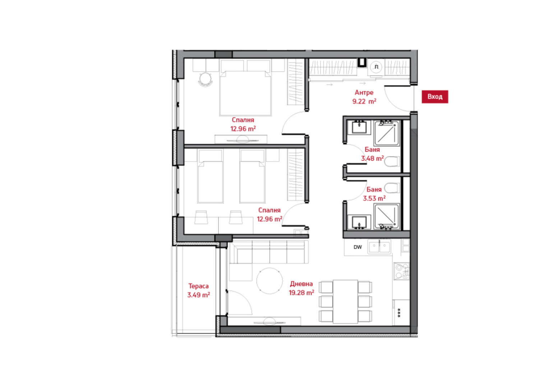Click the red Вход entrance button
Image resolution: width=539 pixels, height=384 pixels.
click(x=435, y=97)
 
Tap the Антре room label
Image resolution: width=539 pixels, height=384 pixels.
click(x=364, y=93)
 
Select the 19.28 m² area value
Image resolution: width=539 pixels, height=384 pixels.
click(x=301, y=293)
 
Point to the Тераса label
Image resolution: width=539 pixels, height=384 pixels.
click(x=198, y=286)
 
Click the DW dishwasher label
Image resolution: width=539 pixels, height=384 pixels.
click(x=358, y=247)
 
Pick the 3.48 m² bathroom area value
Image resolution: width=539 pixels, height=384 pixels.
click(x=372, y=158)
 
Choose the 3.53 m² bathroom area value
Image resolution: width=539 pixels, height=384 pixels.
click(x=374, y=199)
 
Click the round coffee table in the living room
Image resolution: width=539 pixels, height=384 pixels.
click(x=269, y=281)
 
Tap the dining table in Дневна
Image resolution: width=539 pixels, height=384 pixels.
click(x=345, y=302)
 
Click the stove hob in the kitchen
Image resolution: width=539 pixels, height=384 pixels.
click(x=401, y=271)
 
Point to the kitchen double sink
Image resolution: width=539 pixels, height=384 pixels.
click(x=379, y=247)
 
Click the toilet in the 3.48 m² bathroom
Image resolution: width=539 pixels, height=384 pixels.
click(x=392, y=161)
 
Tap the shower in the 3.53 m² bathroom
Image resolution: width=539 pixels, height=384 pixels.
click(x=386, y=216)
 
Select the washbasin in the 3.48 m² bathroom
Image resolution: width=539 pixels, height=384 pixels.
click(x=359, y=127)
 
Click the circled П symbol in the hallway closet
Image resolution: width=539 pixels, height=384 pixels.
click(x=377, y=67)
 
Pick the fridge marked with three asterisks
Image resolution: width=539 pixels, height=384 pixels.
click(x=401, y=313)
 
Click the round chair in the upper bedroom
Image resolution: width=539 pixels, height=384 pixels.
click(x=206, y=79)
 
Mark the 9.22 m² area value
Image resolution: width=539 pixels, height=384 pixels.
click(x=364, y=102)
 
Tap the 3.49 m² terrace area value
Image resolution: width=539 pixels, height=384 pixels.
click(x=198, y=295)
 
